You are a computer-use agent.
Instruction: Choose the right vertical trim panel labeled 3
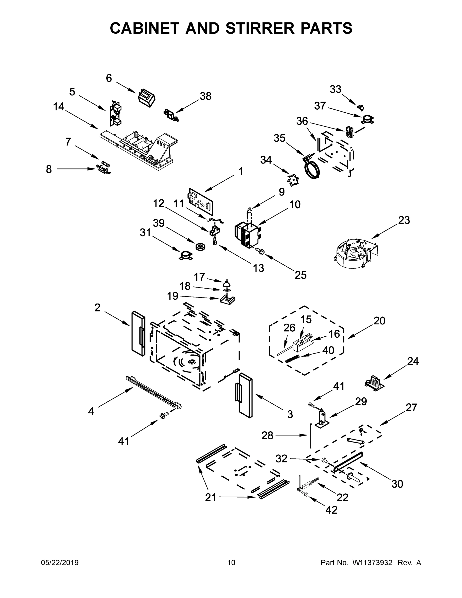coord(245,395)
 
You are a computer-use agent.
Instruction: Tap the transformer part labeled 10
coord(248,234)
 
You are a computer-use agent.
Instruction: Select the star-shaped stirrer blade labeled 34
coord(293,180)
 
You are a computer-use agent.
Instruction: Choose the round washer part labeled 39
coord(201,246)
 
